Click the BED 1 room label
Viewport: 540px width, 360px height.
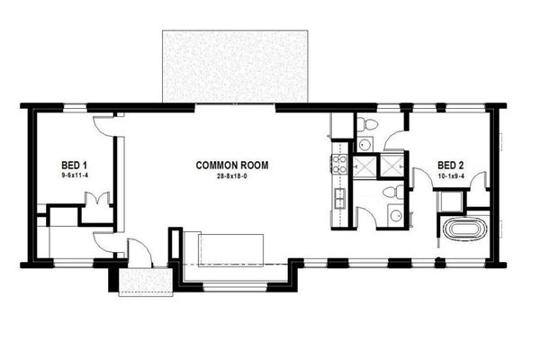74,166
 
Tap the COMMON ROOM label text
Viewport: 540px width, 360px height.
233,166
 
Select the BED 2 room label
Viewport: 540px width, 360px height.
451,166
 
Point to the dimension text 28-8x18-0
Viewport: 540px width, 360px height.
233,177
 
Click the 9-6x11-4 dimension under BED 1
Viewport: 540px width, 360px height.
74,177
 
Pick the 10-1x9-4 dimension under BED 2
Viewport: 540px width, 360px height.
451,177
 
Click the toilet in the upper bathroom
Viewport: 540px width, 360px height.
369,124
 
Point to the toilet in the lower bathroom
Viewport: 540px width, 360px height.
390,192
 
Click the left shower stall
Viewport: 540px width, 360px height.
366,167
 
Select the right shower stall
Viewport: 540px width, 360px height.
393,167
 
